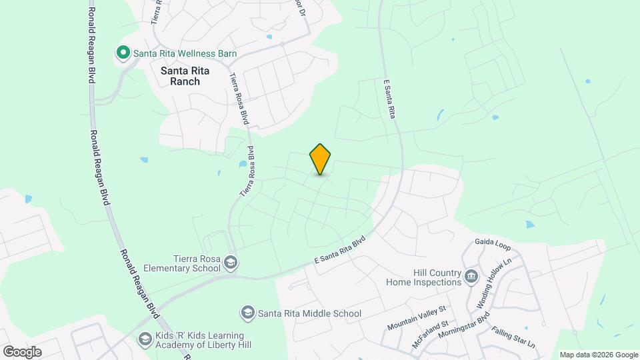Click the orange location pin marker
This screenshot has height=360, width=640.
click(321, 159)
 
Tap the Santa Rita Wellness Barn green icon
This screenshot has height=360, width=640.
click(123, 53)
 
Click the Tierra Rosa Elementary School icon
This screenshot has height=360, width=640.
click(230, 261)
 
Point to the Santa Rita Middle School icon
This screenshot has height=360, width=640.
click(247, 313)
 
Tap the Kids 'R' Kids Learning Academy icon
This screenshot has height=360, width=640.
click(145, 339)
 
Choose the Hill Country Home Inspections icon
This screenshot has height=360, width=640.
click(471, 275)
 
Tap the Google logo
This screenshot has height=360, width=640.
click(21, 352)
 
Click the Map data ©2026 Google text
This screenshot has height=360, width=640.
click(599, 355)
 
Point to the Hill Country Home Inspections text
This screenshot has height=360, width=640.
click(424, 277)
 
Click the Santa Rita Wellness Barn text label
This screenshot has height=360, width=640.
click(185, 53)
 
